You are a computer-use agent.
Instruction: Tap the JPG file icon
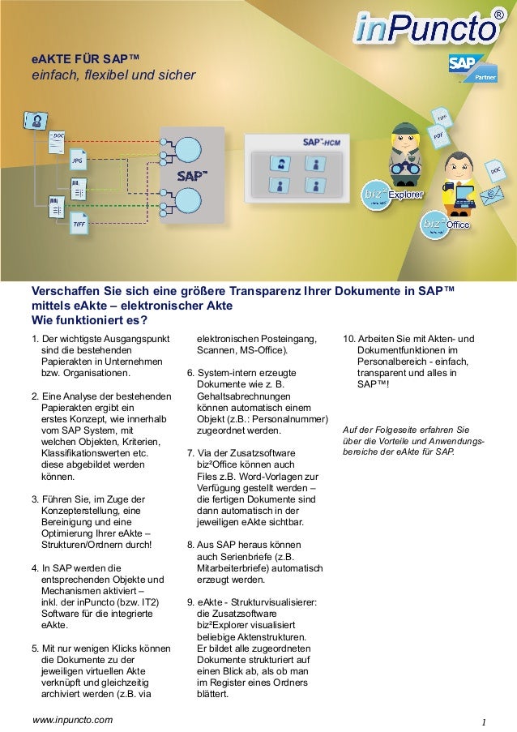coord(78,161)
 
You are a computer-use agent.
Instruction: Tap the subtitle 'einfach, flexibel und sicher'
coord(113,75)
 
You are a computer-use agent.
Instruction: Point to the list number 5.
coord(33,649)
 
